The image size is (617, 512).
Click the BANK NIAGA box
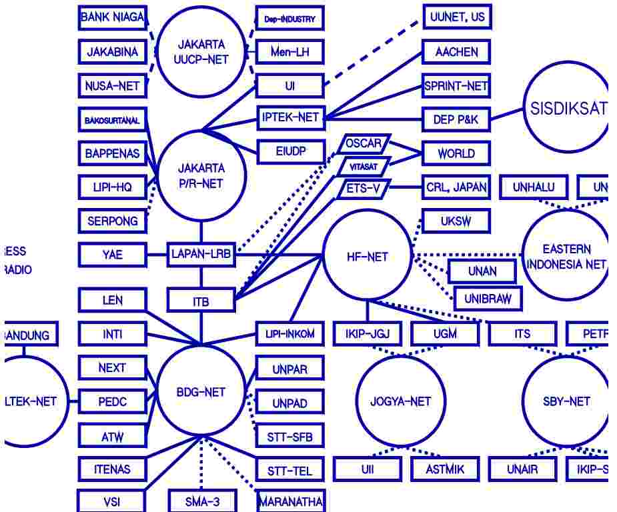(x=112, y=17)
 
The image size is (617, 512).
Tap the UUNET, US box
(x=457, y=17)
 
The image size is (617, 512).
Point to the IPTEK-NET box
(x=290, y=118)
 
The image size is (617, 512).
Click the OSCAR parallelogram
(x=364, y=143)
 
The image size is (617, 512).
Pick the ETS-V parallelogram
(x=364, y=189)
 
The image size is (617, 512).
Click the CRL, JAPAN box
(x=457, y=187)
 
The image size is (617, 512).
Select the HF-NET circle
(x=367, y=257)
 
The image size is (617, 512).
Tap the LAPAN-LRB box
(x=201, y=254)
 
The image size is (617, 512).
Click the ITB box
(x=201, y=301)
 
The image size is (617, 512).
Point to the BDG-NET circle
(x=201, y=392)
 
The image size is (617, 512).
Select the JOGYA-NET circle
(x=400, y=401)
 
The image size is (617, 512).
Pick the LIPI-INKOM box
(x=290, y=333)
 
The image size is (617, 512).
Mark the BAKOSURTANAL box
(x=112, y=121)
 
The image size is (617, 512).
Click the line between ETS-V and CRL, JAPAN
(x=406, y=188)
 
